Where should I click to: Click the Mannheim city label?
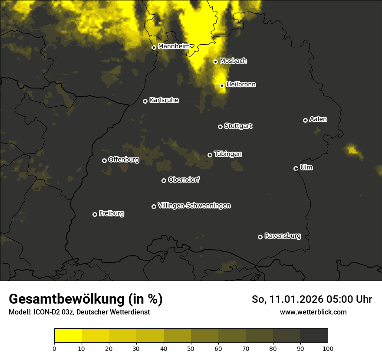coord(174,46)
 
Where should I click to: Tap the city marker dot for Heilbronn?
coord(222,85)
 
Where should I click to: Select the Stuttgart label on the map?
coord(238,126)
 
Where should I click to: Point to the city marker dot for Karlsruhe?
coord(145,101)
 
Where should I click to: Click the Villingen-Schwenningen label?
coord(194,206)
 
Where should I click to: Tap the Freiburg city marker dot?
coord(95,214)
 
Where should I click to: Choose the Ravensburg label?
coord(282,236)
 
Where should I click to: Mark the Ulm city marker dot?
coord(296,168)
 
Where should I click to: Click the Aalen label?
coord(318,119)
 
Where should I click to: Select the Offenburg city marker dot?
coord(104,160)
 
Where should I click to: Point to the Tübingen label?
coord(228,154)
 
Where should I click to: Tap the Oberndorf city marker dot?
coord(164,180)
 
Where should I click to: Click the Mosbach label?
coord(233,61)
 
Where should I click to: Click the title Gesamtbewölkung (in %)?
coord(86,299)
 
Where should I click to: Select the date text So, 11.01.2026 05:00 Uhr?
coord(312,299)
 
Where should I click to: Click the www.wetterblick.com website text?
coord(313,312)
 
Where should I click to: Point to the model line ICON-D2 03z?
coord(79,312)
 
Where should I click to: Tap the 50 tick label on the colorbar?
coord(191,348)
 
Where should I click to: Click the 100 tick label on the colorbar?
coord(327,348)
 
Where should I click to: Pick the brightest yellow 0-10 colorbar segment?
coord(68,336)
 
